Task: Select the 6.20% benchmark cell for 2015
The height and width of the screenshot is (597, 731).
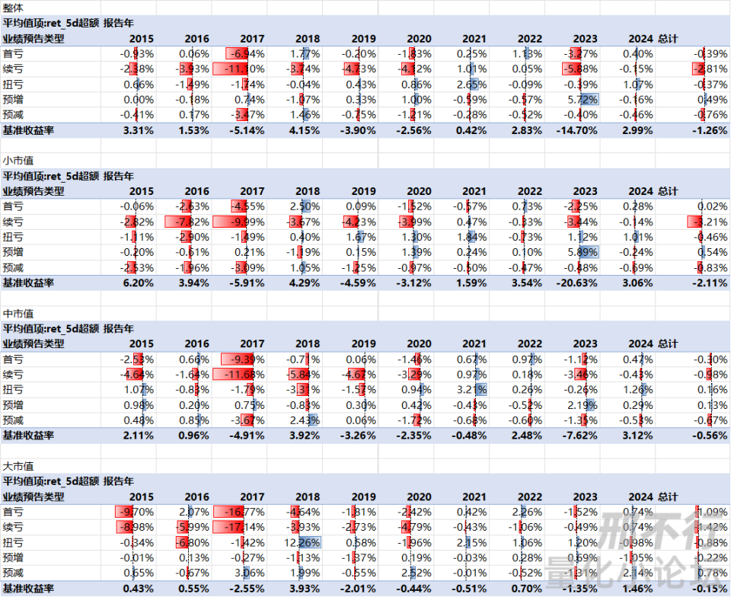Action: tap(138, 283)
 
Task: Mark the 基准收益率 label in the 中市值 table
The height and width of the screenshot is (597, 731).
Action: tap(27, 435)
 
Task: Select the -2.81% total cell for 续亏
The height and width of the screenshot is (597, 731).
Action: tap(710, 69)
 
